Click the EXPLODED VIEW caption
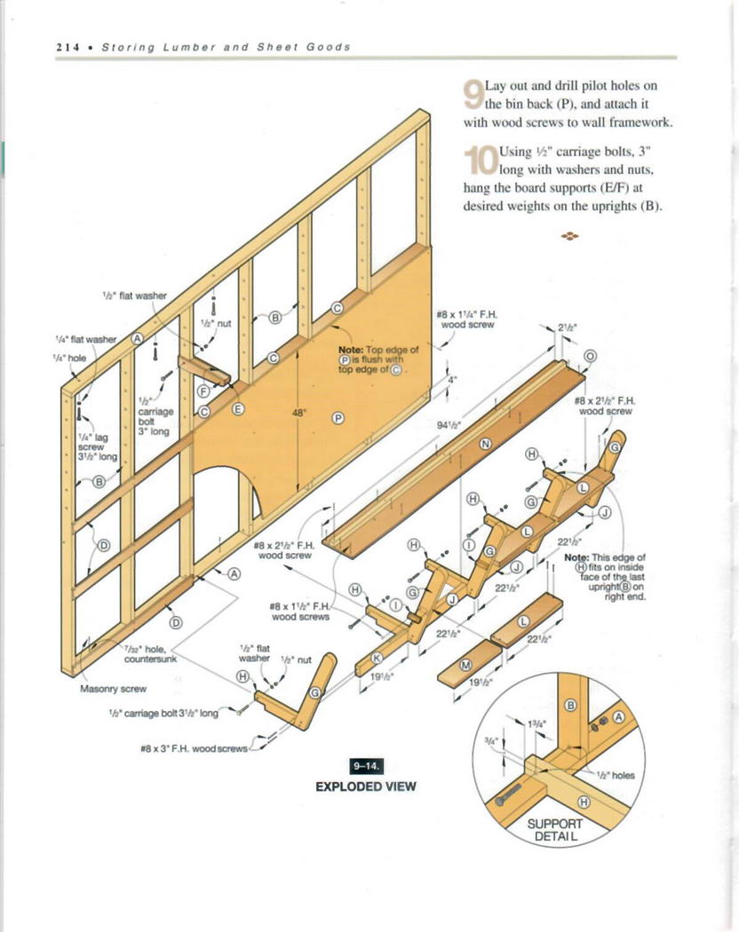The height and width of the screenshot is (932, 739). click(366, 786)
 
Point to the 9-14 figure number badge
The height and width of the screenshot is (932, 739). click(366, 766)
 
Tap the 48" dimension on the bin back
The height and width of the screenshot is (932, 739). click(298, 412)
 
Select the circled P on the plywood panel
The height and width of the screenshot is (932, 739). click(338, 419)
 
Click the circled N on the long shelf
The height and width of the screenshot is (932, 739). click(485, 443)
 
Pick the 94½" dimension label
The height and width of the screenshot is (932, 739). click(448, 424)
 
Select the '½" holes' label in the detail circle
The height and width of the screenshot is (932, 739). click(616, 774)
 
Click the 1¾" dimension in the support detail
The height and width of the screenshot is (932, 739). click(538, 723)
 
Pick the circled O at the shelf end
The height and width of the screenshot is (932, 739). click(590, 356)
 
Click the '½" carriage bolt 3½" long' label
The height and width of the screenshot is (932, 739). click(164, 713)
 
